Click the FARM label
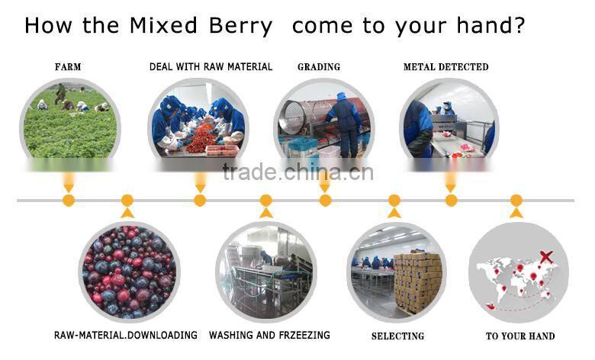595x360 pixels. (x=68, y=67)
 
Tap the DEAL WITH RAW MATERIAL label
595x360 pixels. (x=211, y=67)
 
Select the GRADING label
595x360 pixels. (x=318, y=67)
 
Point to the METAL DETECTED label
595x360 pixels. (x=445, y=67)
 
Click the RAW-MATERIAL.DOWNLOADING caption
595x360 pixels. (x=126, y=335)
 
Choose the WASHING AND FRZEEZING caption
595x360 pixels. (x=269, y=335)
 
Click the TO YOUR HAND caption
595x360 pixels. (x=520, y=336)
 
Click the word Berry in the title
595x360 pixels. (x=236, y=26)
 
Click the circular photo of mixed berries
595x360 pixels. (x=129, y=271)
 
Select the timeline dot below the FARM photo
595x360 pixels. (x=69, y=201)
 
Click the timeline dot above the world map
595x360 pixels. (x=516, y=201)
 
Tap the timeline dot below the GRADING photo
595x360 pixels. (x=325, y=201)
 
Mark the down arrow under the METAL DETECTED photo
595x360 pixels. (x=451, y=185)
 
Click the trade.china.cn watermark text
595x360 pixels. (x=297, y=172)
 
